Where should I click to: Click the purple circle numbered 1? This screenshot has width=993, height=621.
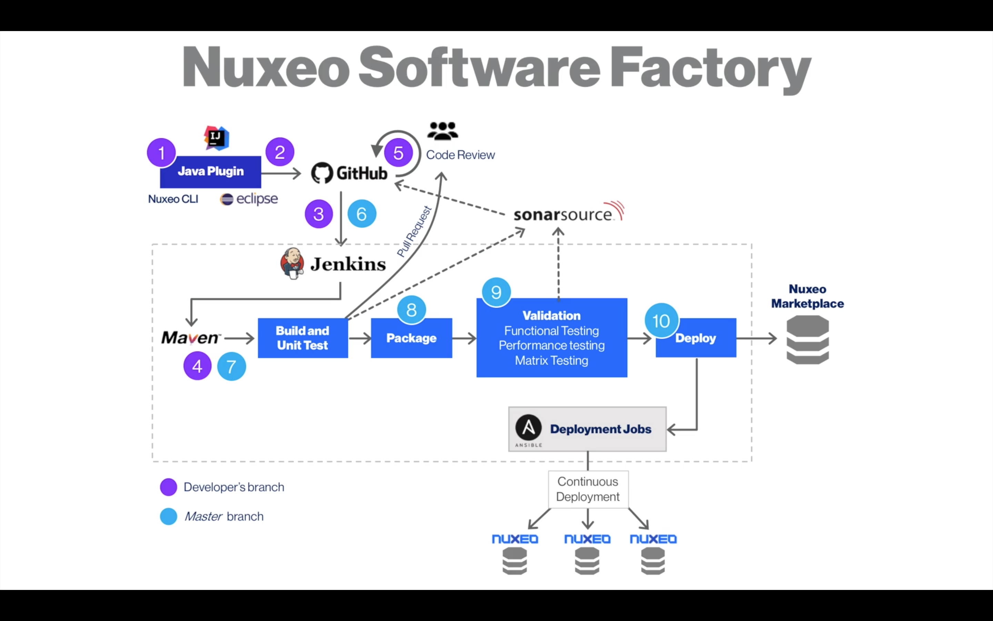point(161,153)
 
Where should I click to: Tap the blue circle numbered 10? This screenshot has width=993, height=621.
point(661,321)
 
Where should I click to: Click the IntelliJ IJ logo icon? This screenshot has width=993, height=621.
point(216,138)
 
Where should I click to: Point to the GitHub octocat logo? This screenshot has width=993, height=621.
point(322,173)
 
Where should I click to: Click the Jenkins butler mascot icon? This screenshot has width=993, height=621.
point(292,264)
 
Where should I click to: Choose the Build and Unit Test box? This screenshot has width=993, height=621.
point(303,338)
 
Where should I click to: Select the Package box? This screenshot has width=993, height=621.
point(412,338)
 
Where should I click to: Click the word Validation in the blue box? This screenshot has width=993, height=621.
point(551,315)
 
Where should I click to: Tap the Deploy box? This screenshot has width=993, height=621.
point(696,338)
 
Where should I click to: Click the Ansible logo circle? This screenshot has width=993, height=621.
point(529,427)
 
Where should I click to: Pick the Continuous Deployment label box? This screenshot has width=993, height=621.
point(588,489)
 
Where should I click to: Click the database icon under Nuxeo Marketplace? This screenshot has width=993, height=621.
point(808,340)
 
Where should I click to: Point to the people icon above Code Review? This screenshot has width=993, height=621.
point(442,131)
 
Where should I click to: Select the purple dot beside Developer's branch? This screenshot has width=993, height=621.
point(169,487)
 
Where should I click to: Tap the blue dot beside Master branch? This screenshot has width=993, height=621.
point(169,516)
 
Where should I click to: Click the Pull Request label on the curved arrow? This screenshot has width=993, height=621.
point(414,231)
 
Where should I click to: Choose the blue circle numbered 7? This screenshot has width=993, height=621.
point(231,366)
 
